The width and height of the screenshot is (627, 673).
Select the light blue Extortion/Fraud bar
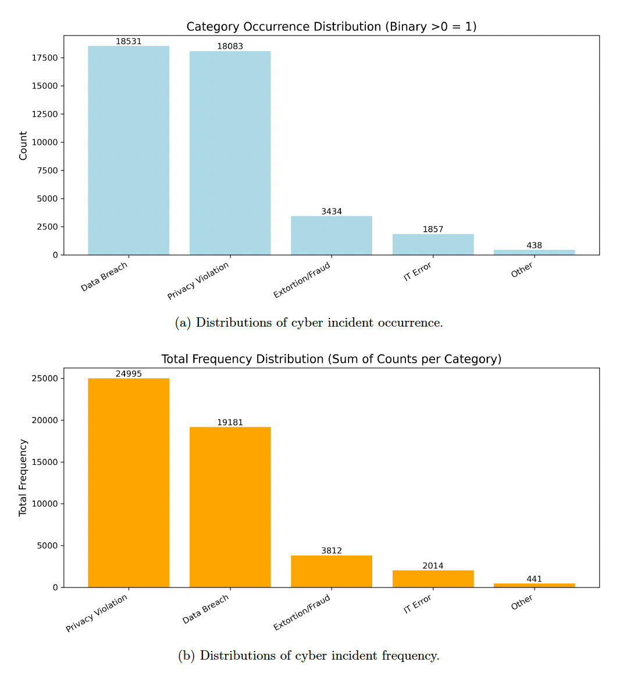[x=332, y=235]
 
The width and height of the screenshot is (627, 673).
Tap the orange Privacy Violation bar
[x=129, y=482]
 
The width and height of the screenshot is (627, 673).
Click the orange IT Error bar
[x=433, y=579]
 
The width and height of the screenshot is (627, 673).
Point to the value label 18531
[x=129, y=41]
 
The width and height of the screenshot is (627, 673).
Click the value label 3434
[x=332, y=212]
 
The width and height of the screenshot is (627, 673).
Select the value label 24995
[x=129, y=374]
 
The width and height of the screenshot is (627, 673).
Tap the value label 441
[x=534, y=579]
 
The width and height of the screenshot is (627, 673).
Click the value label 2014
[x=433, y=565]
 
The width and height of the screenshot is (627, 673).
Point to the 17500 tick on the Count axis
[x=45, y=58]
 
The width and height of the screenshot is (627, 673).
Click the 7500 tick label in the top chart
[x=47, y=170]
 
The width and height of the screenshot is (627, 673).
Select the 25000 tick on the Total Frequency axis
[x=45, y=378]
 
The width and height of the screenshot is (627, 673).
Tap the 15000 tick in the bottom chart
[x=45, y=462]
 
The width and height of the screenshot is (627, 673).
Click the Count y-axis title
[x=23, y=145]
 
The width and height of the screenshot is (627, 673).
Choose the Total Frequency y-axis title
[x=23, y=477]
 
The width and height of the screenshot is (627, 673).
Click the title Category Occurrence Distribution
[x=331, y=27]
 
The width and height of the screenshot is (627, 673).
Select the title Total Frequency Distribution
[x=331, y=359]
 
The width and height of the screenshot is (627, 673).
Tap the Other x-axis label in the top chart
[x=522, y=270]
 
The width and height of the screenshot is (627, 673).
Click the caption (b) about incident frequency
[x=309, y=656]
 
